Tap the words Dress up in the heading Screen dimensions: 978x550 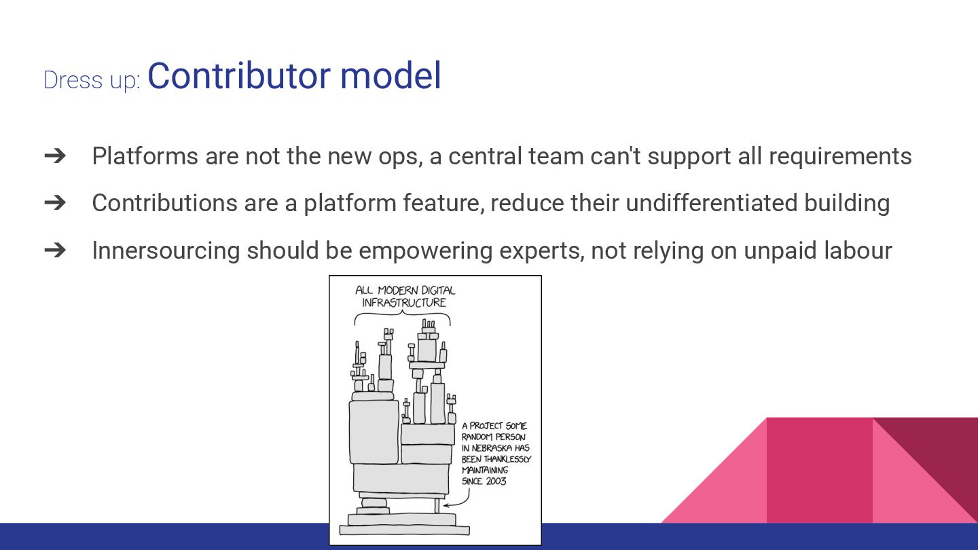click(x=91, y=80)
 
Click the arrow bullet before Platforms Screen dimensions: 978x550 click(x=54, y=155)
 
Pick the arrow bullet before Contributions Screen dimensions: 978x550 click(x=54, y=202)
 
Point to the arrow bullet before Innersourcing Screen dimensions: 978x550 click(x=54, y=250)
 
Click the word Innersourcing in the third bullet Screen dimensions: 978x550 click(x=166, y=251)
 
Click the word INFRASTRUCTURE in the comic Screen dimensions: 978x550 click(x=404, y=303)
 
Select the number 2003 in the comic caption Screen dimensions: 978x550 click(x=495, y=481)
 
